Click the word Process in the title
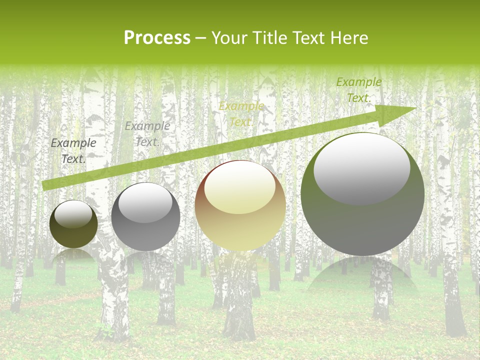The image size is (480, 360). [x=157, y=38]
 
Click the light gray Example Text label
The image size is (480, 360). [x=147, y=134]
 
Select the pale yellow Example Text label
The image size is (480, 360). [x=241, y=114]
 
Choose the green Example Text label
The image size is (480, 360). [x=358, y=90]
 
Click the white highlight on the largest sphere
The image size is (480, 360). [x=361, y=167]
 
